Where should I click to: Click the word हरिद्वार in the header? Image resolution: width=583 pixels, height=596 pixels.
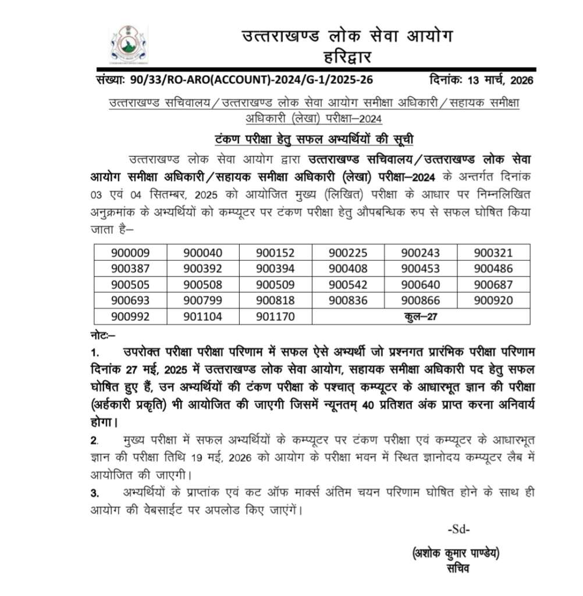click(x=347, y=57)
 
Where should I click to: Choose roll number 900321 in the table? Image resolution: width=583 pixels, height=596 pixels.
click(x=493, y=253)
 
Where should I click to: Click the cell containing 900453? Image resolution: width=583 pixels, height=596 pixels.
click(x=421, y=268)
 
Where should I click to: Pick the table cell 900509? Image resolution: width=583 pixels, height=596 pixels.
click(x=275, y=285)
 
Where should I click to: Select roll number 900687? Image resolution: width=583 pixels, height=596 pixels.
click(x=493, y=285)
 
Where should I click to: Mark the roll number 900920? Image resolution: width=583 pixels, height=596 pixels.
click(x=493, y=300)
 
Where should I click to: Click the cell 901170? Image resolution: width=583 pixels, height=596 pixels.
click(x=275, y=317)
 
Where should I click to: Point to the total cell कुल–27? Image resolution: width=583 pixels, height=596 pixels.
click(x=421, y=317)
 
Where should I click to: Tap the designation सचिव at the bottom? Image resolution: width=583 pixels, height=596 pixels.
click(x=458, y=569)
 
